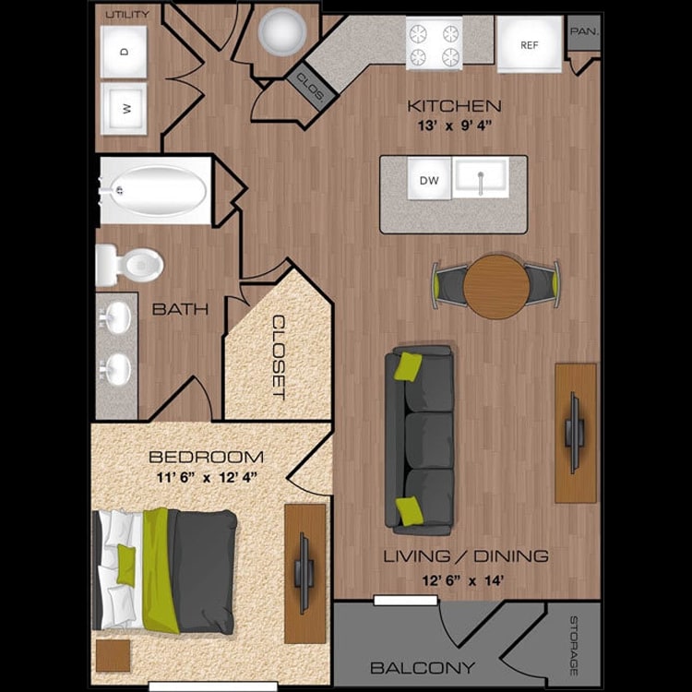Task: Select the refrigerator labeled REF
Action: (x=530, y=45)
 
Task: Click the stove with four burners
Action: (x=434, y=44)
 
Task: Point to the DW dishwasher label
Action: (x=429, y=180)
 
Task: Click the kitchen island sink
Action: (x=480, y=178)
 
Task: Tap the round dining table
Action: (x=496, y=286)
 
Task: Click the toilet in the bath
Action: (x=129, y=264)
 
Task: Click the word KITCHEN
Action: (x=454, y=106)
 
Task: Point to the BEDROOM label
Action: (x=206, y=457)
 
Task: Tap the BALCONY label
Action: (x=423, y=667)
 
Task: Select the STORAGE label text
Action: (x=573, y=645)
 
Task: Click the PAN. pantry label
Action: (x=583, y=32)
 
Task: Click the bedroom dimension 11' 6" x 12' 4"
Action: (x=206, y=477)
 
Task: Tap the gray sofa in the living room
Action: (x=420, y=440)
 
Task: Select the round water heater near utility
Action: (x=280, y=34)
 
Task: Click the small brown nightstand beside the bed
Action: (x=113, y=655)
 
